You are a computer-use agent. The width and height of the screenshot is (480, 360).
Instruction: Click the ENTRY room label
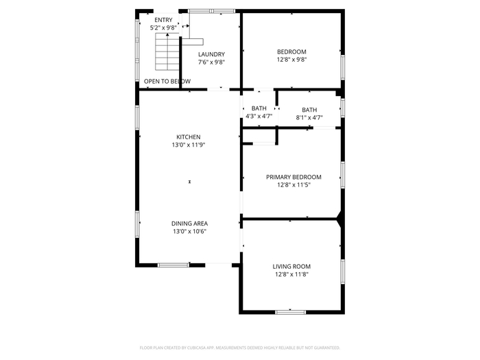[x=163, y=20]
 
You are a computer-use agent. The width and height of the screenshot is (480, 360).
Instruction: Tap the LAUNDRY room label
[x=211, y=54]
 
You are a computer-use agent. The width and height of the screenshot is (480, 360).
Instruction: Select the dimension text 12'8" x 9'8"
[x=291, y=60]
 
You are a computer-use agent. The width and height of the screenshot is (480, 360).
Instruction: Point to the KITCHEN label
[x=189, y=137]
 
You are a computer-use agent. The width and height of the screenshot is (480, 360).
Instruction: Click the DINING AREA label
[x=189, y=224]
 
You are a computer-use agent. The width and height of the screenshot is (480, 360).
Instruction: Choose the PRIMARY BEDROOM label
[x=293, y=177]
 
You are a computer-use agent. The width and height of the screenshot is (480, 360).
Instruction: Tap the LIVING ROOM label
[x=291, y=267]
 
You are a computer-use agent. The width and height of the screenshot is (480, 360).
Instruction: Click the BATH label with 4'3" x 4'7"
[x=259, y=108]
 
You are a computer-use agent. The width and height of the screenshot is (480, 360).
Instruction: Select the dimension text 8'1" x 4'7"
[x=309, y=117]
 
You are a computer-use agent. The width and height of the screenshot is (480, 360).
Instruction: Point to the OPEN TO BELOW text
[x=167, y=82]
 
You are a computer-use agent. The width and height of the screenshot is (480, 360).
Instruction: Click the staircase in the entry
[x=167, y=51]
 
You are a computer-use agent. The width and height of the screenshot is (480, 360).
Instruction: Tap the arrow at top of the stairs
[x=167, y=35]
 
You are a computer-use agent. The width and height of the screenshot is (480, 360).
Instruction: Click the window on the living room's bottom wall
[x=291, y=312]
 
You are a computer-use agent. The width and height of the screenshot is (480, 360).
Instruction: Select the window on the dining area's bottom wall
[x=173, y=265]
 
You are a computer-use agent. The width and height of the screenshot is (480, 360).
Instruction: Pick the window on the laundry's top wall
[x=211, y=11]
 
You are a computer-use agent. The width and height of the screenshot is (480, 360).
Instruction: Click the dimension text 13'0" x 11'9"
[x=189, y=145]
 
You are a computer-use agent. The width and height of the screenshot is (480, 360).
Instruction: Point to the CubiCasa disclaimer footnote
[x=240, y=348]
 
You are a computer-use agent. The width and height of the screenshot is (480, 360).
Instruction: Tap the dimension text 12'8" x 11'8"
[x=291, y=274]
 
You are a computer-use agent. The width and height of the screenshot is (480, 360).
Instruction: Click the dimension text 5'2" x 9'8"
[x=163, y=28]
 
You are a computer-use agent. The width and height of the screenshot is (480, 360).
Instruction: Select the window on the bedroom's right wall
[x=343, y=67]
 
